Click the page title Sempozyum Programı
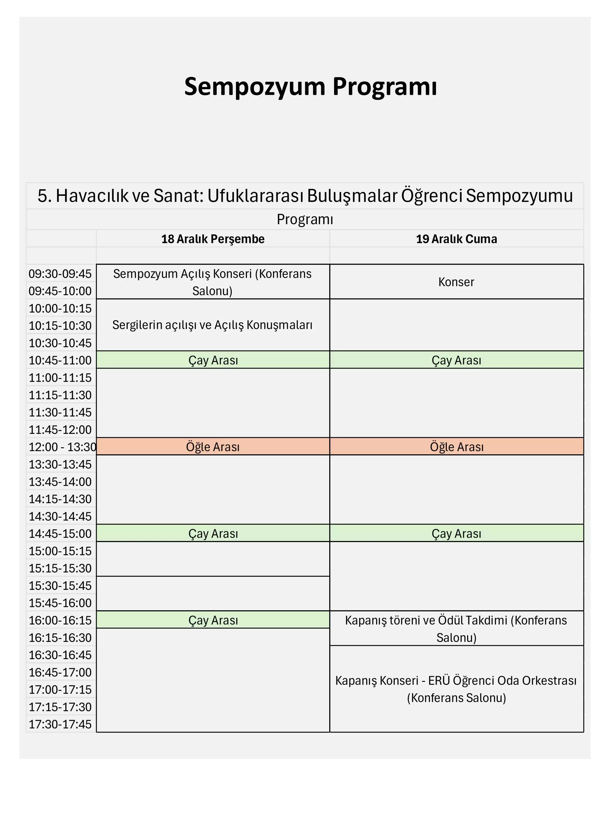(x=311, y=87)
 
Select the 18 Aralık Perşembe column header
(x=213, y=239)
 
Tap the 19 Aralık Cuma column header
(x=456, y=239)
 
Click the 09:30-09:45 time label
(x=60, y=274)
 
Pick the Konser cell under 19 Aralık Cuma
(x=456, y=282)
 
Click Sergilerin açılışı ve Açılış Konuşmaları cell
(x=212, y=325)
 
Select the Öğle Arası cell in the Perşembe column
(x=213, y=447)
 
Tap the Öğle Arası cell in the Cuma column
(x=457, y=447)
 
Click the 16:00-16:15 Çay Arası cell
(x=213, y=620)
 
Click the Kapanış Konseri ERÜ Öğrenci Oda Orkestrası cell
(x=456, y=689)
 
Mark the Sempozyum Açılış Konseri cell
(x=212, y=282)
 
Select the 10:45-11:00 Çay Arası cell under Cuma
(x=456, y=360)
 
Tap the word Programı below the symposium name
(x=305, y=219)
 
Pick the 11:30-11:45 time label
(x=60, y=412)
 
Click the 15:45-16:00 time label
(x=60, y=603)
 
